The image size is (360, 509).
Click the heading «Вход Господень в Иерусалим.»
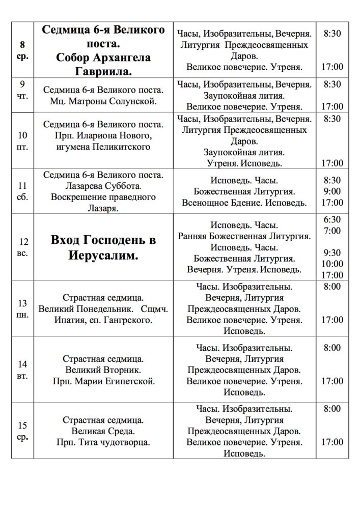103,247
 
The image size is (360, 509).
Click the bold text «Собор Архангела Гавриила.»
103,64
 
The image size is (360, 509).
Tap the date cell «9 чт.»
22,89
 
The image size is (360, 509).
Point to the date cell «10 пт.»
22,141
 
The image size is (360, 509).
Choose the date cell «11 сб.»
22,191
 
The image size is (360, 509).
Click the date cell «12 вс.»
22,247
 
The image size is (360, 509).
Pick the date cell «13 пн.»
22,308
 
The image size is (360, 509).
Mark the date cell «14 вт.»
22,370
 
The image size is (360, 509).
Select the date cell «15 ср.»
22,431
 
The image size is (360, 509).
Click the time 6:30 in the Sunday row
332,219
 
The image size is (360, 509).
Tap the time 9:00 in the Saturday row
332,191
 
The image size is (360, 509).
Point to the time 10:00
332,264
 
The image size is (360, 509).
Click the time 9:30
332,252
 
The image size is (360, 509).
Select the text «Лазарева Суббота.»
103,186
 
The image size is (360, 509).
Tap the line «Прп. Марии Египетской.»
103,381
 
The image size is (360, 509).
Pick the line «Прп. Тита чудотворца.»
103,442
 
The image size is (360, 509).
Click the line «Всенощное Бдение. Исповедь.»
244,203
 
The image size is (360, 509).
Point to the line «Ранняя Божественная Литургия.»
244,236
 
